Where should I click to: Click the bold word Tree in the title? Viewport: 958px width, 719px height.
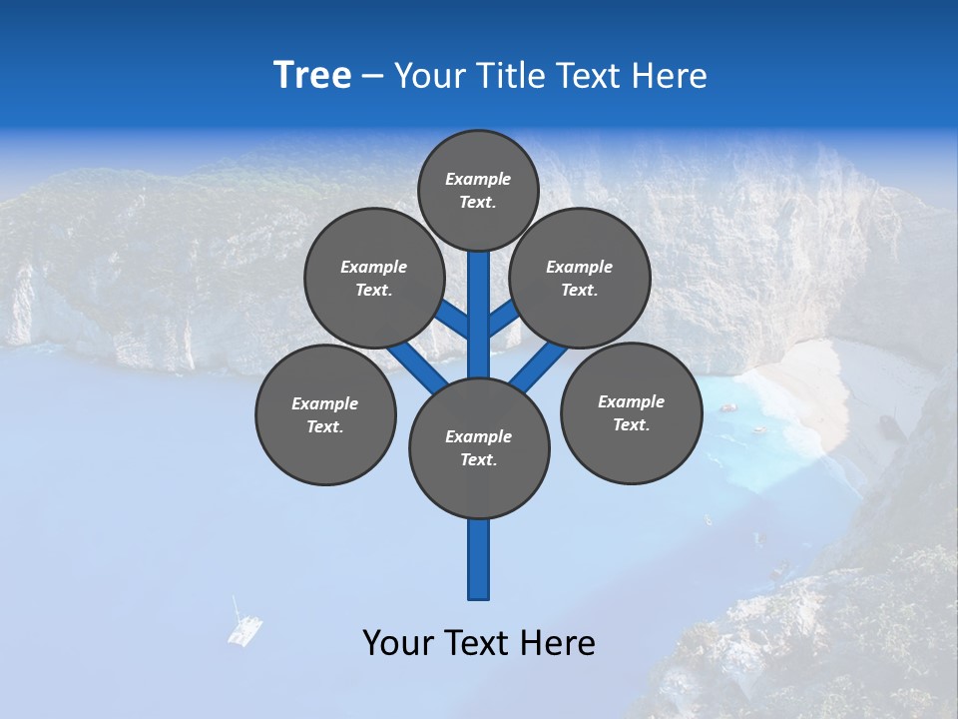click(312, 76)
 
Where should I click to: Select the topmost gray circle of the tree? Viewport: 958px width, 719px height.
click(478, 190)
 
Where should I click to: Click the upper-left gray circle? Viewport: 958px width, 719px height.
click(373, 278)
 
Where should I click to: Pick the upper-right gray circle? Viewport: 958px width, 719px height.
click(579, 278)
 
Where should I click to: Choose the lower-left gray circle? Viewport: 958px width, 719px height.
click(325, 414)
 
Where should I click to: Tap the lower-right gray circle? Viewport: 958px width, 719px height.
click(631, 412)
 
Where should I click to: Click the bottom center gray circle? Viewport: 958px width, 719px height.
click(479, 448)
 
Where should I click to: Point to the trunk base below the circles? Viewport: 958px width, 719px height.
click(479, 564)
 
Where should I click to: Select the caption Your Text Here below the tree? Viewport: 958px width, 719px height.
click(479, 643)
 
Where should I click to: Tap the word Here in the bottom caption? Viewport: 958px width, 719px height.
click(560, 643)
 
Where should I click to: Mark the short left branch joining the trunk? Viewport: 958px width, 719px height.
click(453, 320)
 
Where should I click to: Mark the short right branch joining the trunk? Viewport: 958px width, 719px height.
click(503, 319)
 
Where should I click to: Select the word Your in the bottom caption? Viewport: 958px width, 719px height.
click(398, 643)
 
